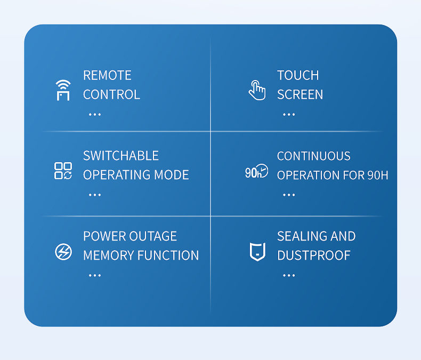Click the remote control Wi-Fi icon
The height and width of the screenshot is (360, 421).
pos(63,90)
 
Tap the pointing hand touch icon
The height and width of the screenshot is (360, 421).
pos(257,90)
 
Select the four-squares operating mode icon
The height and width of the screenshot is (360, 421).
pos(63,171)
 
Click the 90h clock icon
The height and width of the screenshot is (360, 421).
pos(256,171)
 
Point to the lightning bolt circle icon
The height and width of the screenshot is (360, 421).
pos(63,252)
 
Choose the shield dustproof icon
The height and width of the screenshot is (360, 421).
pos(257,252)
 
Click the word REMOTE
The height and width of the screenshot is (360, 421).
pos(108,75)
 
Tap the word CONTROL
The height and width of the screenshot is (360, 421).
pos(112,94)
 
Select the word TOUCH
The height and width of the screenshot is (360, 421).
pos(298,75)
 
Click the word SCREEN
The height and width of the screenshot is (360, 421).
pos(300,94)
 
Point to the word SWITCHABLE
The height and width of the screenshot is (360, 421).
pos(121,156)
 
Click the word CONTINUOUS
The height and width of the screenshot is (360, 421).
pos(314,156)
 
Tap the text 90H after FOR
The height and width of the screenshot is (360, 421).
pos(378,175)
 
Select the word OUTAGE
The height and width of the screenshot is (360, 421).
pos(153,236)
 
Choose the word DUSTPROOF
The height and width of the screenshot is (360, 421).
pos(314,255)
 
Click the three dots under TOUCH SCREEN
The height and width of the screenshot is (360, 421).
pos(289,115)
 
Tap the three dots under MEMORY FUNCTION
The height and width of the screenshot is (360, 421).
pos(95,275)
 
